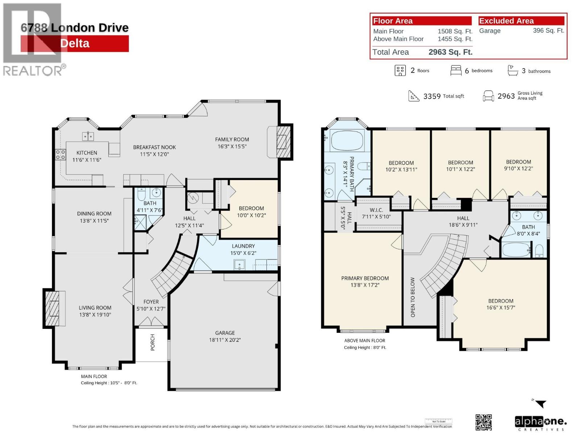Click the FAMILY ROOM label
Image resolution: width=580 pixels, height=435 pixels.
click(x=232, y=140)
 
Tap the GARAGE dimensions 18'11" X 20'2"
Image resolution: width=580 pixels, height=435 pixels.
click(x=225, y=340)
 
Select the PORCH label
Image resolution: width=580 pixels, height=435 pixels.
click(x=153, y=342)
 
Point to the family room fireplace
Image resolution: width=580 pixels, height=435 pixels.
click(x=282, y=142)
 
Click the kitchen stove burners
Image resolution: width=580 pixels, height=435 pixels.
click(x=61, y=155)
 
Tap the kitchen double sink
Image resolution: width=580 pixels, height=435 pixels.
click(x=88, y=136)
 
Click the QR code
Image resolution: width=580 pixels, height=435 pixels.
click(x=484, y=422)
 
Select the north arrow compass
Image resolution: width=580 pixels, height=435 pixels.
click(x=540, y=403)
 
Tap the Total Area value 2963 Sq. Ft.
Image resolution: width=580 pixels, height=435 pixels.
click(x=450, y=52)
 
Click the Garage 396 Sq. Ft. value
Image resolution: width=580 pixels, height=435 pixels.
click(x=548, y=31)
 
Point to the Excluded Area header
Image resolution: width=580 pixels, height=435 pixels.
click(x=506, y=21)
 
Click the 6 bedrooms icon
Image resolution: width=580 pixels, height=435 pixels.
click(x=456, y=71)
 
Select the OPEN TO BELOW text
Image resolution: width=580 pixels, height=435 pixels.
click(x=413, y=297)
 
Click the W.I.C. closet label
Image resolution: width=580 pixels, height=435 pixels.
click(x=376, y=210)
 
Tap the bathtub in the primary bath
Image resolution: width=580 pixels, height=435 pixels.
click(x=347, y=141)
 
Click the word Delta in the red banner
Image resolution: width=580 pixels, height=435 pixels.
click(x=75, y=43)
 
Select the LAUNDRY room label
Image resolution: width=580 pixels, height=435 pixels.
click(x=243, y=246)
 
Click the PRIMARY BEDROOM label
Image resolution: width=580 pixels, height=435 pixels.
click(x=365, y=278)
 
